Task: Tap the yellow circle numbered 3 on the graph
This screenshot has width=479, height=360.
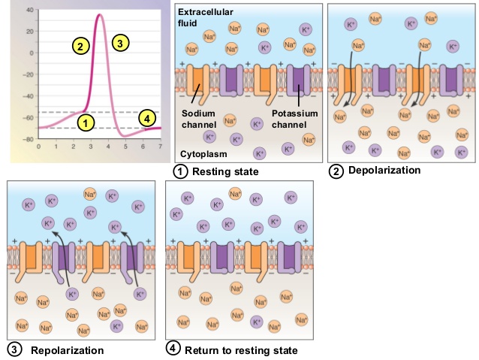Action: [x=119, y=43]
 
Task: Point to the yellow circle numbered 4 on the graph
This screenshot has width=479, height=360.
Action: [x=147, y=118]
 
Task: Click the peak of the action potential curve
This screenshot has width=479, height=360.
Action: [x=100, y=15]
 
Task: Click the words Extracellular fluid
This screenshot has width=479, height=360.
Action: [x=206, y=18]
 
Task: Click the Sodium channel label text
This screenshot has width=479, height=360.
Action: [x=199, y=118]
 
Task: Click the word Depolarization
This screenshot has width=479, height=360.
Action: [x=384, y=171]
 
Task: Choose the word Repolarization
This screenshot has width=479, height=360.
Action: [x=67, y=350]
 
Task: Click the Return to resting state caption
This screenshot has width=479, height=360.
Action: [x=241, y=350]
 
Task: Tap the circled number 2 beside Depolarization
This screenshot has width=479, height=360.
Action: [x=337, y=171]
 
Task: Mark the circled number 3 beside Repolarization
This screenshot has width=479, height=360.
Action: [x=14, y=349]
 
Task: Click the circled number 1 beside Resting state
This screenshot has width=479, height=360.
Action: [x=180, y=172]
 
